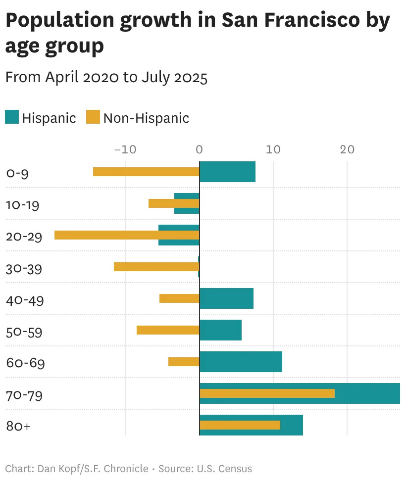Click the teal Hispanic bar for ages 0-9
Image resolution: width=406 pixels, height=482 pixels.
point(227,172)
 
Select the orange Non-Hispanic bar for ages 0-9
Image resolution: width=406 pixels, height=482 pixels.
point(146,172)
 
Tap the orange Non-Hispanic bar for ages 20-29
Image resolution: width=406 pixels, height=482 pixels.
point(127,235)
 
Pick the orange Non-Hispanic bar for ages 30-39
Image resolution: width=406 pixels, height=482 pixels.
point(156,267)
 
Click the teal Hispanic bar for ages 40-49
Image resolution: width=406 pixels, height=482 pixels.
point(226,298)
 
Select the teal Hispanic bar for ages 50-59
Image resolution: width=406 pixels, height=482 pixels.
point(220,330)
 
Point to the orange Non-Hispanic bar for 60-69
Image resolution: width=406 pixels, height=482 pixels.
point(184,361)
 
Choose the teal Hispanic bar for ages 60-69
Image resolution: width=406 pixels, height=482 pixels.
point(241,361)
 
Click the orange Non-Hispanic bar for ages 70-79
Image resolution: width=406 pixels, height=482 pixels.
point(267,393)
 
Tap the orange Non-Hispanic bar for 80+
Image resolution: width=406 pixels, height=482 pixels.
point(240,425)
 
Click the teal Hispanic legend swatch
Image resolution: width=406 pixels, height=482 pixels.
point(12,117)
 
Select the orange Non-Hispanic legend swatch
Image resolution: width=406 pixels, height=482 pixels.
point(93,117)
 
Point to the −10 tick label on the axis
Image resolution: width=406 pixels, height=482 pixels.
point(125,149)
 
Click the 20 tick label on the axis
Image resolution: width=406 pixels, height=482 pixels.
point(347,149)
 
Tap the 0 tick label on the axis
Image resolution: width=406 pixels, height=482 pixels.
point(200,149)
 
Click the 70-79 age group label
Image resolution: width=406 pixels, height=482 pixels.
point(24,395)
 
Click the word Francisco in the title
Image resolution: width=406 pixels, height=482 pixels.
point(312,20)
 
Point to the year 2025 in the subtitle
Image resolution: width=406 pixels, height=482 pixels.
point(191,78)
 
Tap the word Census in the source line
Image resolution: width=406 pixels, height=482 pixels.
point(235,469)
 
